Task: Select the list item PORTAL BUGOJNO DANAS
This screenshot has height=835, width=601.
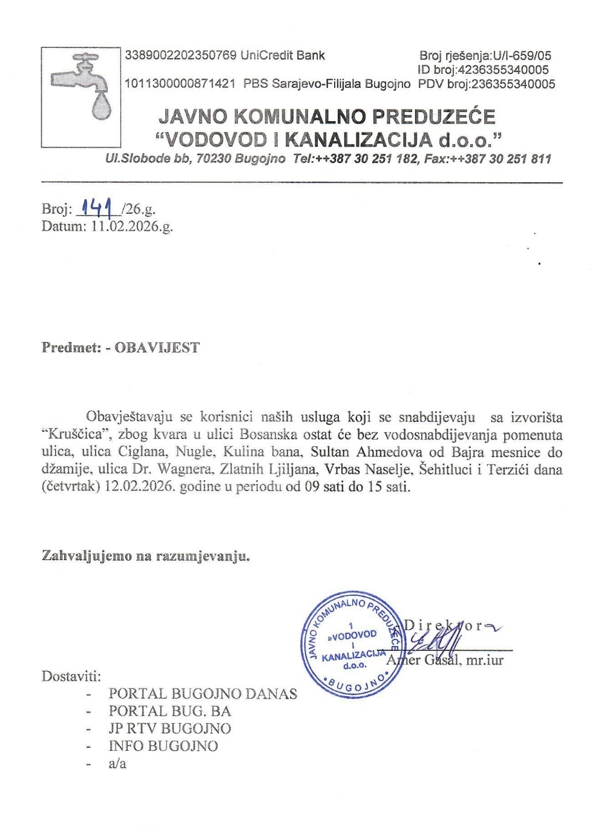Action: click(203, 694)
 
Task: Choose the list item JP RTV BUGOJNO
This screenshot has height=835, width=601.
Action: click(169, 729)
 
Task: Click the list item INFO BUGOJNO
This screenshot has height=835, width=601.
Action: click(163, 746)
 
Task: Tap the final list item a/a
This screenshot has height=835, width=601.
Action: click(117, 764)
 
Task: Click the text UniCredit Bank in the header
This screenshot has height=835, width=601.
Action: click(283, 56)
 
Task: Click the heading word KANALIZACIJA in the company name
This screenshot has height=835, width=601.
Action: click(359, 140)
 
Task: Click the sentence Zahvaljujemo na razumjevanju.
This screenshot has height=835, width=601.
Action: click(146, 556)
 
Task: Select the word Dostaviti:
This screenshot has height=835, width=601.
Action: click(71, 676)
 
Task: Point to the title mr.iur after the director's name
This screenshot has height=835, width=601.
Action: click(485, 660)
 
